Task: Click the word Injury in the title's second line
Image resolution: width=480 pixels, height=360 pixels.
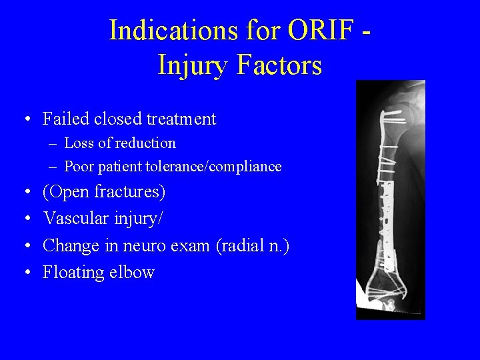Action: pos(193,66)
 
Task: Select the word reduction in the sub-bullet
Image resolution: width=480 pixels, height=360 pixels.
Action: pos(146,143)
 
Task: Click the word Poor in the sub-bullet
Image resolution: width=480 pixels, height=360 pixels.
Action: pos(79,166)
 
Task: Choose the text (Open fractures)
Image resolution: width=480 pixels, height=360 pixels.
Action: pos(104,193)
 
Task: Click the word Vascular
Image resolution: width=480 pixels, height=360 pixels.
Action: pos(76,219)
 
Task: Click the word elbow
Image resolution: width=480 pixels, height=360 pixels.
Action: pos(135,272)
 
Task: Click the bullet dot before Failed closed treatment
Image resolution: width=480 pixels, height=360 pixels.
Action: pos(25,120)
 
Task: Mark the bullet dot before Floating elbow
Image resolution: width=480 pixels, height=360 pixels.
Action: pos(25,273)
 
